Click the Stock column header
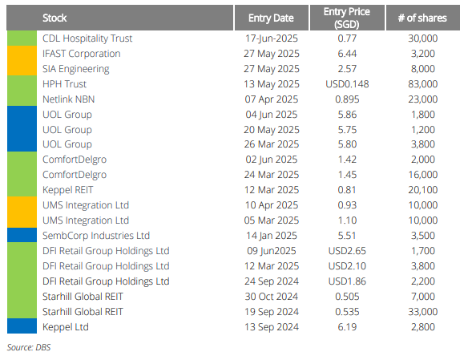(54, 18)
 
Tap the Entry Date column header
(271, 18)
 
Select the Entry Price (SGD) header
(347, 18)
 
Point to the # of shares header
(422, 18)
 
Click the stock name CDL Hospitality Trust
(87, 38)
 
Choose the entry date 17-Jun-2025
(271, 38)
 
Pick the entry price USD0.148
(347, 84)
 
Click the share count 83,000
(422, 84)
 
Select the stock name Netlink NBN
(69, 99)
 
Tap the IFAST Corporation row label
(81, 54)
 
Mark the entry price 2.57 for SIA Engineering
(347, 69)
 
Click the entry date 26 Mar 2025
(271, 144)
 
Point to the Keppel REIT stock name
(68, 190)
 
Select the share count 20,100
(422, 190)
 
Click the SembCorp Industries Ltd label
(96, 236)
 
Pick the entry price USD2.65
(347, 251)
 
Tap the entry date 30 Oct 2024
(271, 297)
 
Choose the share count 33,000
(422, 312)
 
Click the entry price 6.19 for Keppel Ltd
(347, 327)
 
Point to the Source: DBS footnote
(29, 347)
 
